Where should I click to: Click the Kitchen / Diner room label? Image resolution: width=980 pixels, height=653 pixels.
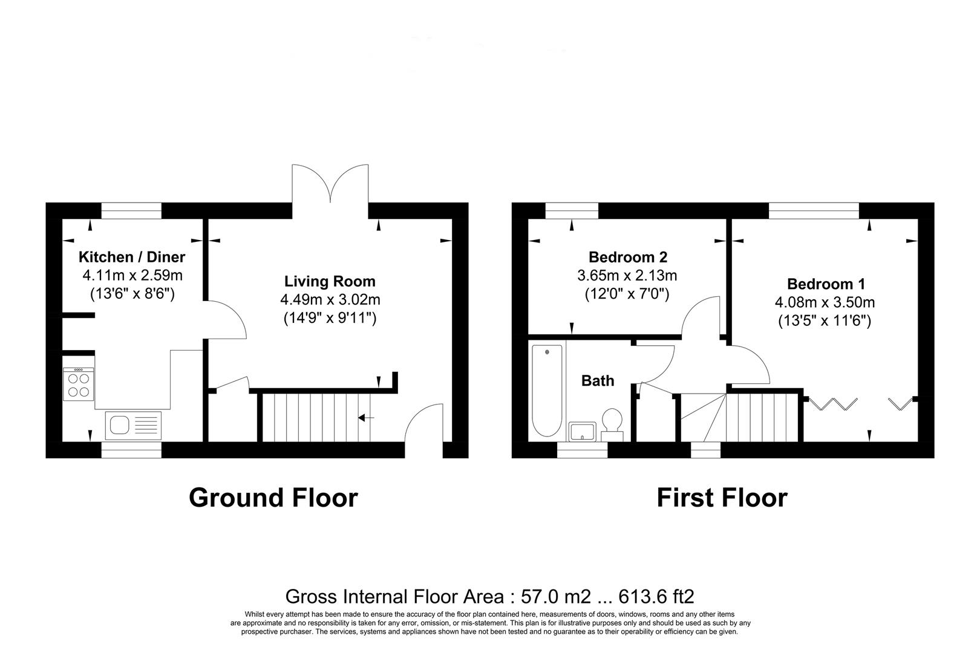point(132,257)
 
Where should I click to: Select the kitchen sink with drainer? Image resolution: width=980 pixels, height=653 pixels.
point(134,425)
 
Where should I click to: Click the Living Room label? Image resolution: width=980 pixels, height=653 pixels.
point(330,281)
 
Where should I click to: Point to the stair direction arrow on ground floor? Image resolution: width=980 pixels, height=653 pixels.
point(366,417)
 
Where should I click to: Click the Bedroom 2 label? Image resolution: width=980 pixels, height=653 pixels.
point(628,257)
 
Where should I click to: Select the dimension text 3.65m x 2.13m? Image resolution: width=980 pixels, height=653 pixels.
point(627,276)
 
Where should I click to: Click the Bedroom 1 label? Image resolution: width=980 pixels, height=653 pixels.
point(826,284)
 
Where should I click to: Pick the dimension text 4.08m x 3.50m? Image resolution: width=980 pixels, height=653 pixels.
point(825,302)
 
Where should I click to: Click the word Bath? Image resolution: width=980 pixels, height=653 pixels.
point(598,380)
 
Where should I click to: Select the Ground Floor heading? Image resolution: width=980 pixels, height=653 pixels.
point(273,498)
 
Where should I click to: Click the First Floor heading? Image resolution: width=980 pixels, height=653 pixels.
point(722,498)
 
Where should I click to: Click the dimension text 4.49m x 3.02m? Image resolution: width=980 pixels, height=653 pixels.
point(330,300)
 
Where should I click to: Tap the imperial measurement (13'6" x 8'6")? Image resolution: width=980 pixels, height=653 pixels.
point(132,294)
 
